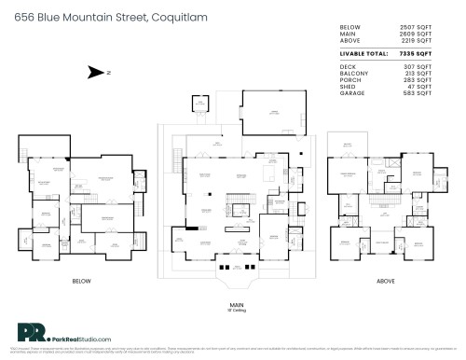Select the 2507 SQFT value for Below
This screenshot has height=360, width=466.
416,29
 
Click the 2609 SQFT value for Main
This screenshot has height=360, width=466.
416,36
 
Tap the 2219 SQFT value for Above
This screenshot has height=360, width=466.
416,44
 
